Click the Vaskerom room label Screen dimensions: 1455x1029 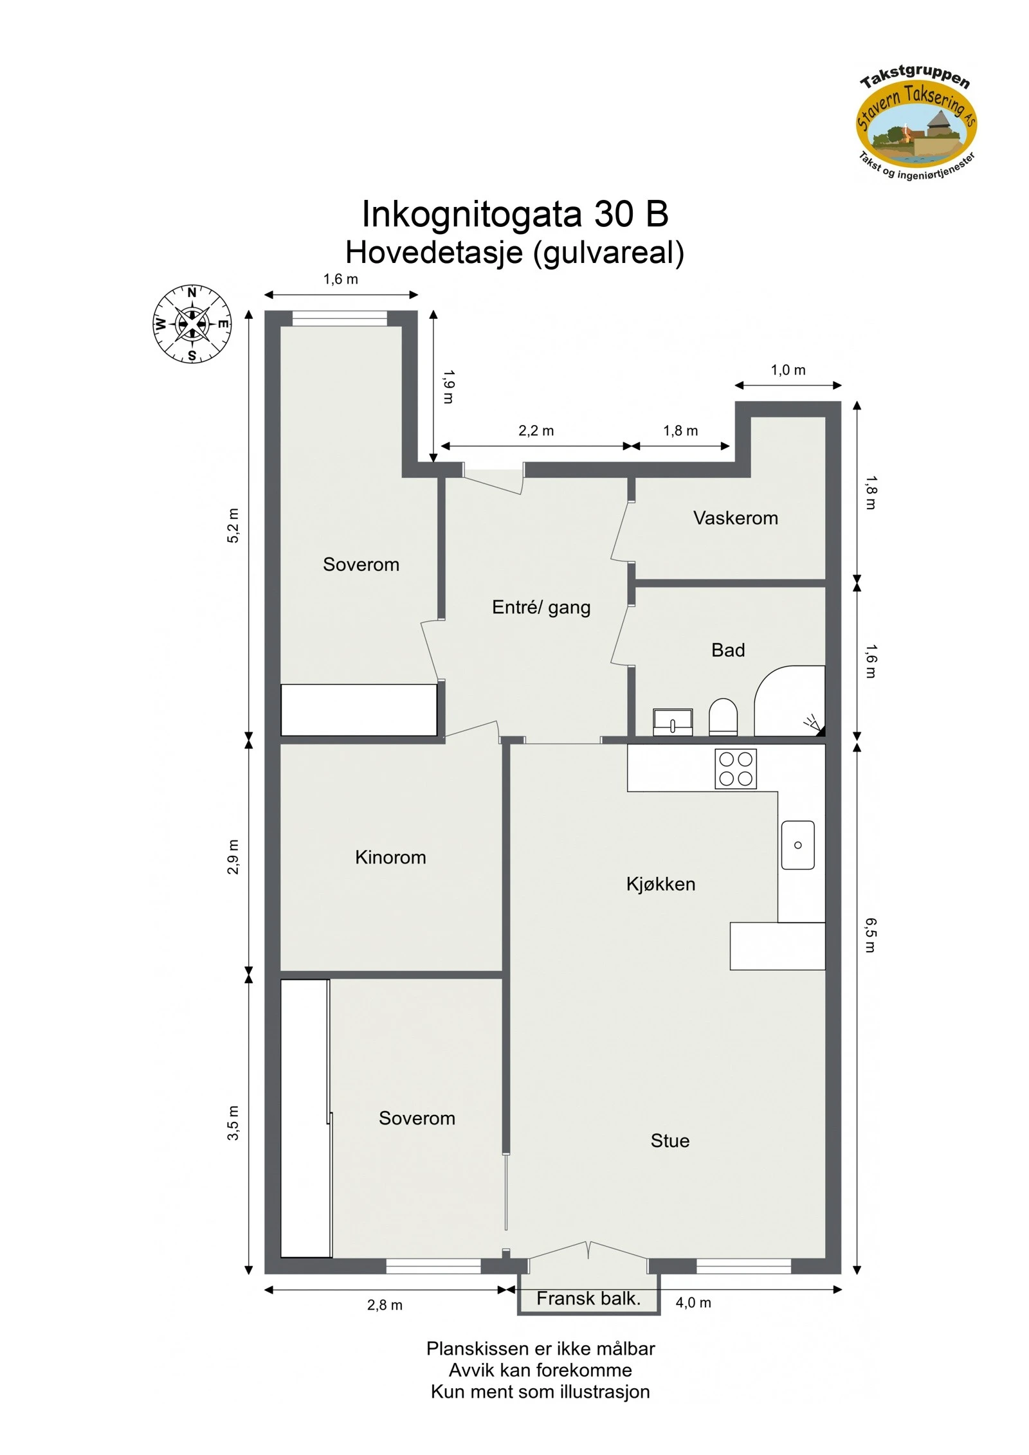tap(735, 518)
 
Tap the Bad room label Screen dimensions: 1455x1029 tap(728, 650)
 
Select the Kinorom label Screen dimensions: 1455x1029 tap(390, 857)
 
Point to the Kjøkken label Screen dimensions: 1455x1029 tap(660, 884)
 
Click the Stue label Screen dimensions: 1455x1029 tap(669, 1141)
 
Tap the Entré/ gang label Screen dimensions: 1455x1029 tap(541, 608)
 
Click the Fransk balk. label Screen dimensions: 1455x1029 tap(588, 1298)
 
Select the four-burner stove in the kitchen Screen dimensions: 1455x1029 tap(736, 769)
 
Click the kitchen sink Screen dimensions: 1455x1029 tap(797, 845)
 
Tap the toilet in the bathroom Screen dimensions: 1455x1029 tap(723, 717)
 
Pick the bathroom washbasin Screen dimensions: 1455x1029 tap(673, 722)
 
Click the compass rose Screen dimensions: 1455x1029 tap(192, 323)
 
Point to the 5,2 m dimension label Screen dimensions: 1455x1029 tap(233, 525)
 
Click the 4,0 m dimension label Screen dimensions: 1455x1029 tap(693, 1303)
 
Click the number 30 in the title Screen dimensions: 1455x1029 tap(614, 214)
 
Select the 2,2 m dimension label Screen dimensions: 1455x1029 tap(536, 431)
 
